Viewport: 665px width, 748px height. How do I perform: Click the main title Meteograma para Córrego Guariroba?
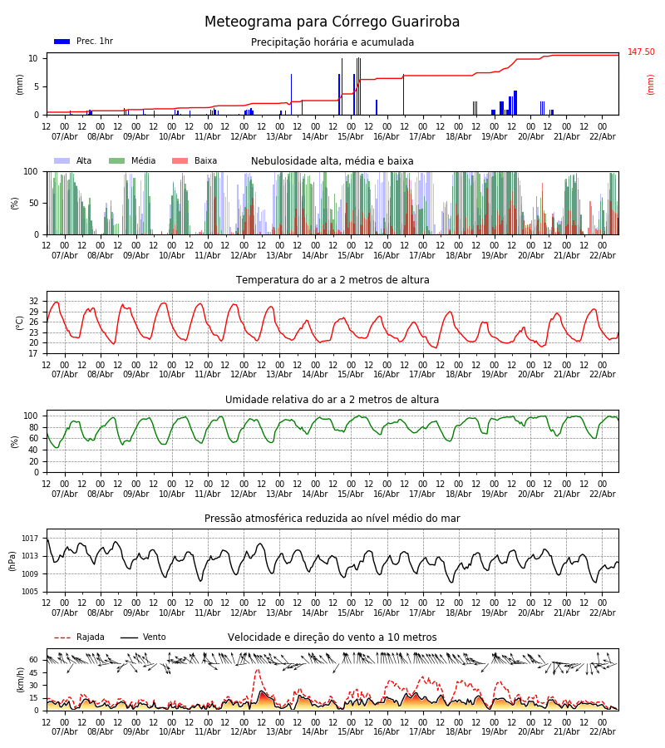point(332,22)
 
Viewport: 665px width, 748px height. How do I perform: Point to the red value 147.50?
point(641,52)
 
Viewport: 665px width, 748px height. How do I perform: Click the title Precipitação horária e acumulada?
point(332,42)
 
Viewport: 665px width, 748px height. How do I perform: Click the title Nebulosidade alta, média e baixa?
point(332,161)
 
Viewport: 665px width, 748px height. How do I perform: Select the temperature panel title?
point(332,280)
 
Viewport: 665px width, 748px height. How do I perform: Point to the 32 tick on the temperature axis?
point(33,301)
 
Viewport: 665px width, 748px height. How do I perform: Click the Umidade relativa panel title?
point(332,400)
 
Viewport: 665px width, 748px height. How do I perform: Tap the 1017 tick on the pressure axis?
point(31,539)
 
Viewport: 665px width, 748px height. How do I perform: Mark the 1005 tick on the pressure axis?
point(31,592)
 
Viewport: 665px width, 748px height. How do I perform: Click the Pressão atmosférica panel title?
point(332,519)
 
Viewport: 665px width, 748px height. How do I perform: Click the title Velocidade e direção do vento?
point(332,637)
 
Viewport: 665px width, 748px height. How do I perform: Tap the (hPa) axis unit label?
point(12,560)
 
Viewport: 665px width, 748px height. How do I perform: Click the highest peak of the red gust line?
point(257,670)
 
